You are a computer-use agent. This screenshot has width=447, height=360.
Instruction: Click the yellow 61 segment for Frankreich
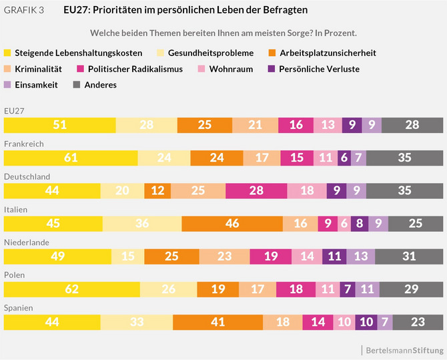coord(71,158)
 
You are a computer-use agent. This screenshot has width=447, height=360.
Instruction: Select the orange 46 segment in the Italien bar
coord(232,224)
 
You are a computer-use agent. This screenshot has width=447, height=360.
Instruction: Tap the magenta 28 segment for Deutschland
coord(256,191)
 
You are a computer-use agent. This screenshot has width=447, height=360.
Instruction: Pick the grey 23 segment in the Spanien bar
coord(418,322)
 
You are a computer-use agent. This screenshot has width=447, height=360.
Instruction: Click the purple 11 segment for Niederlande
coord(334,256)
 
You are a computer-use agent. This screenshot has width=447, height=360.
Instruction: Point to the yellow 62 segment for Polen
coord(72,289)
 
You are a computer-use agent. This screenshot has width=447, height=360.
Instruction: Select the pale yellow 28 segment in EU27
coord(146,126)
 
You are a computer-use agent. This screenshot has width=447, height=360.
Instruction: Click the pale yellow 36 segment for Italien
coord(141,224)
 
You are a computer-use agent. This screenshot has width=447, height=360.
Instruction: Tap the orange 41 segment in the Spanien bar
coord(217,322)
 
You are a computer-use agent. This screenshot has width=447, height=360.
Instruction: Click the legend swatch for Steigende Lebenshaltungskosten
coord(7,53)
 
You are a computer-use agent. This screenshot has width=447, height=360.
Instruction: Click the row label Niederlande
coord(24,242)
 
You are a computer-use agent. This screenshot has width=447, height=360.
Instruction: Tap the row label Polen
coord(14,275)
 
